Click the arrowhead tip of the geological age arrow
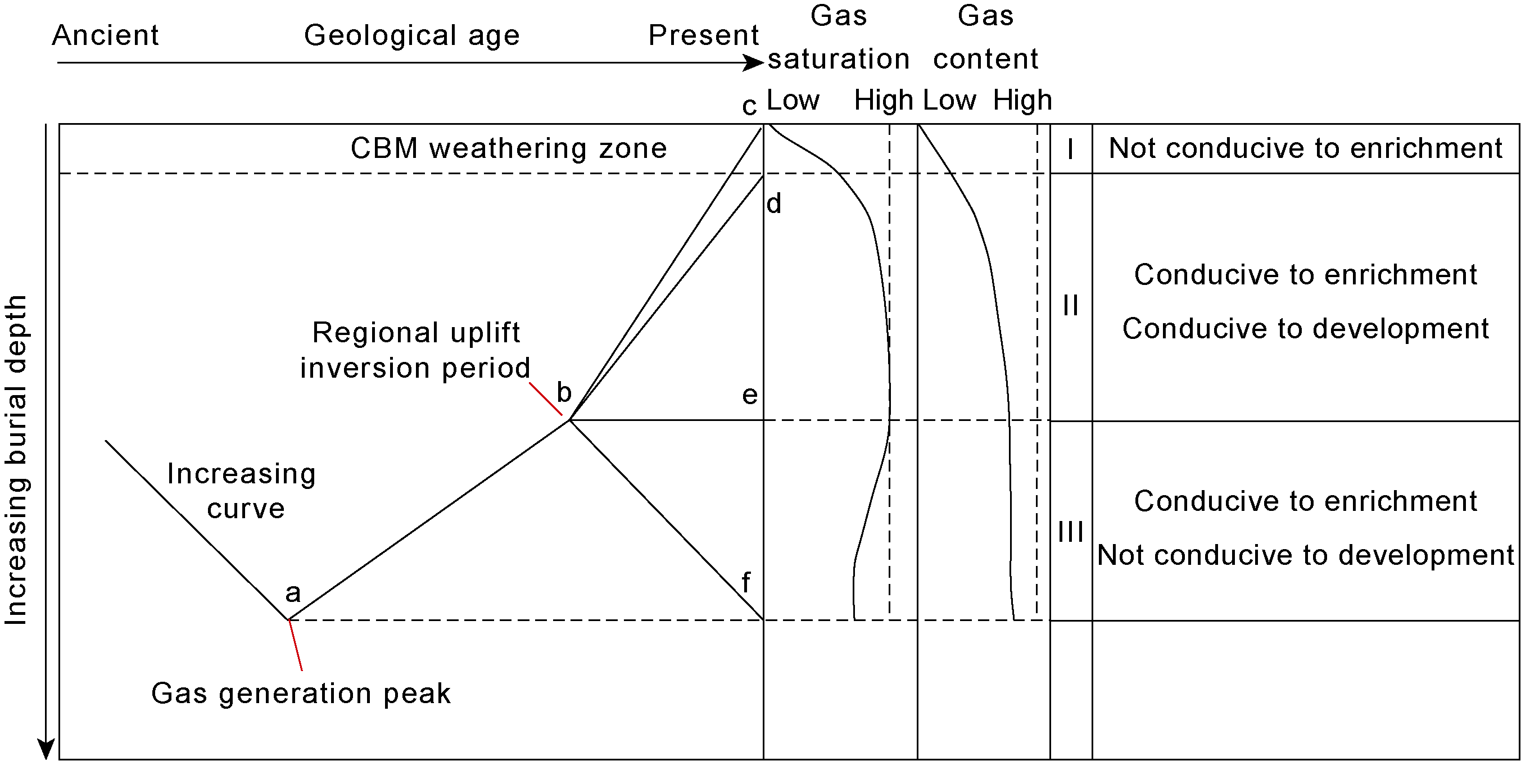(x=764, y=62)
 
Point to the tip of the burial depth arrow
(x=46, y=759)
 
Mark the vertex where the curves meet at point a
(x=288, y=620)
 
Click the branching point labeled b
(x=569, y=420)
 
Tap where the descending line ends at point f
(x=763, y=619)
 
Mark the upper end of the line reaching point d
(x=763, y=176)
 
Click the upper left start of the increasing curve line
(x=106, y=441)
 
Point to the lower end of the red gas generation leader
(x=302, y=670)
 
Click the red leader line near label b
(x=546, y=399)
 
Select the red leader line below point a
(x=295, y=645)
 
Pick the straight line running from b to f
(x=666, y=519)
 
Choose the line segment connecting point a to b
(x=429, y=520)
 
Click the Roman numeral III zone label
(x=1070, y=532)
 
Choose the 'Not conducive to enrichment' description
(x=1306, y=148)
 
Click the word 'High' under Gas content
(x=1022, y=100)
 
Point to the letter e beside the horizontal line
(x=749, y=396)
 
